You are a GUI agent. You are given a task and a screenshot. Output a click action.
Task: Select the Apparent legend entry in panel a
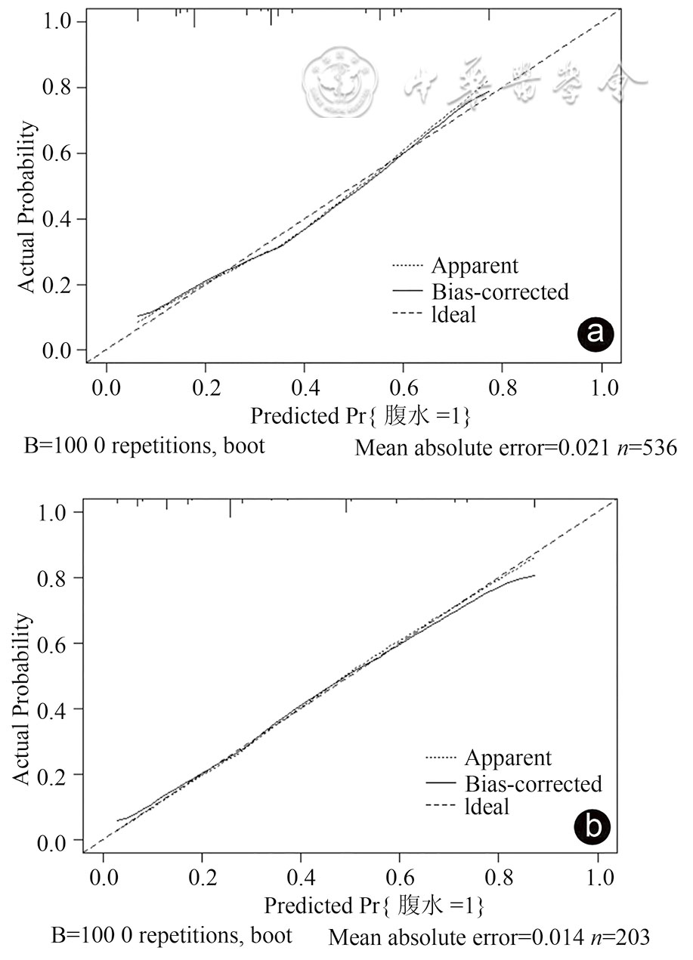point(475,266)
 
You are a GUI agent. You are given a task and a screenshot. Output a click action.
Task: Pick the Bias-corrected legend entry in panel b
point(534,783)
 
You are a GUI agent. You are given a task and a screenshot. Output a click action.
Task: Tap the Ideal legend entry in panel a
point(453,314)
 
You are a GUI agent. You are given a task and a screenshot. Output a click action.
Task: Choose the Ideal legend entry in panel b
point(487,807)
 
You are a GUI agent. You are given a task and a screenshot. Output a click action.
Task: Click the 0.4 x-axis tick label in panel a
point(304,388)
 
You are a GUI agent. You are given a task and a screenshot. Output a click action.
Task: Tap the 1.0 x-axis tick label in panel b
point(598,879)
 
